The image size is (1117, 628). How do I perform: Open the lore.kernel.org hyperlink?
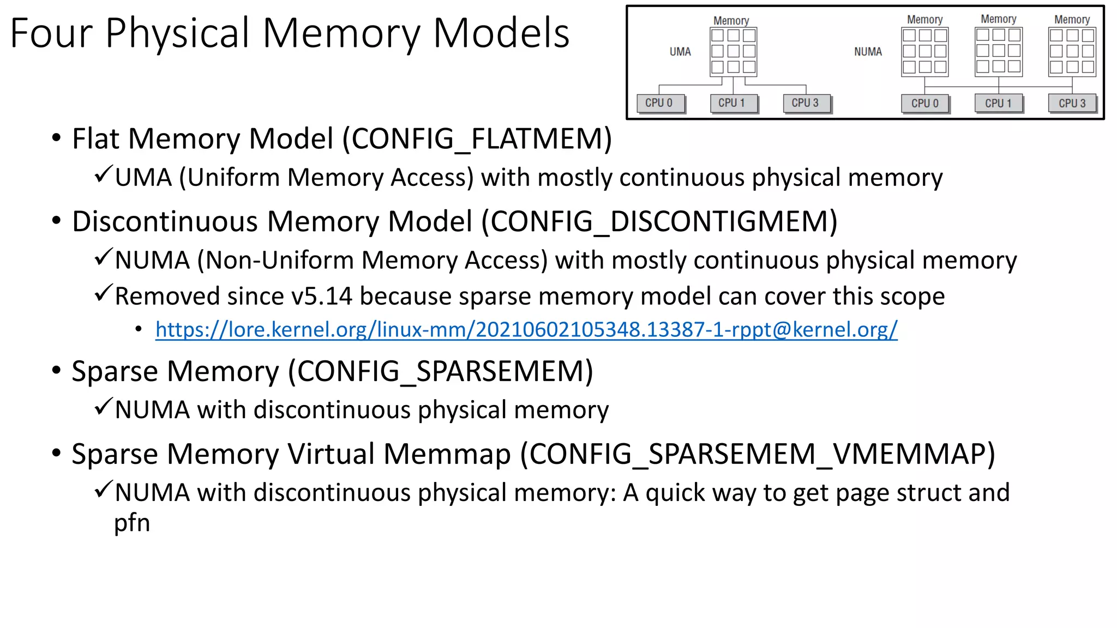point(526,330)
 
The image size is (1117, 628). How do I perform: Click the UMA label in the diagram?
point(680,52)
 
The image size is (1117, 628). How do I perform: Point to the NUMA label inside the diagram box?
point(868,52)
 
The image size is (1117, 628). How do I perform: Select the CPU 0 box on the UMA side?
point(660,103)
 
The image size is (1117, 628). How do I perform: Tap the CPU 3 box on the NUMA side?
point(1072,104)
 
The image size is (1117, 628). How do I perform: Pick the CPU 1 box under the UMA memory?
point(734,103)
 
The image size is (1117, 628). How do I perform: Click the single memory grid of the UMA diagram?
point(734,51)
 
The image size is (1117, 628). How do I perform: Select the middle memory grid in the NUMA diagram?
point(999,51)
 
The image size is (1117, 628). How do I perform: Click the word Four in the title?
point(51,33)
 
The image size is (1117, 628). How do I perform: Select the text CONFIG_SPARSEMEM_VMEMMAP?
point(757,455)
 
